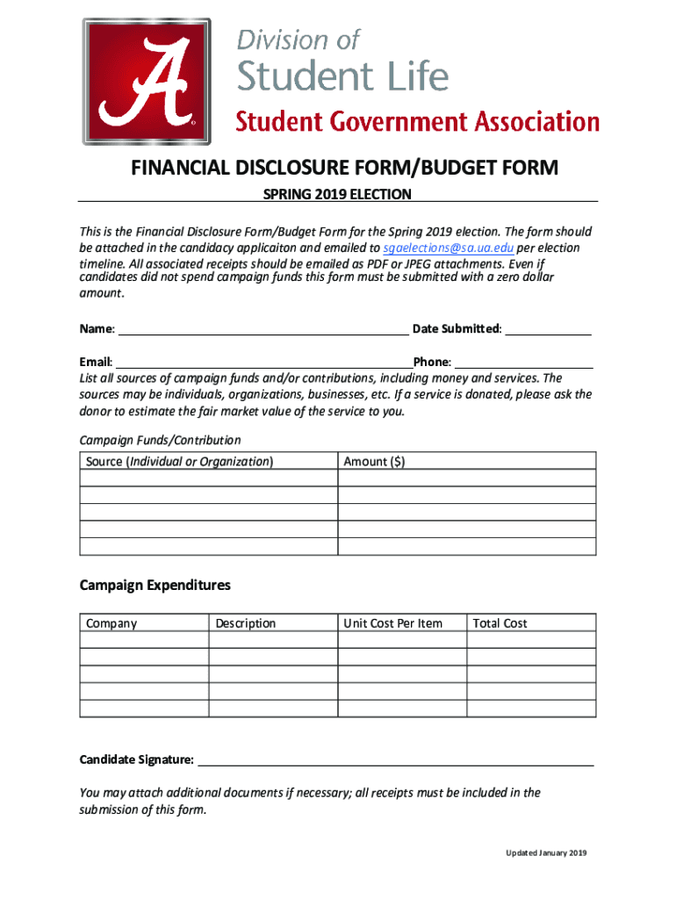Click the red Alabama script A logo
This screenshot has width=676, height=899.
[147, 82]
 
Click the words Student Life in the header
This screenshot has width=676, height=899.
[343, 76]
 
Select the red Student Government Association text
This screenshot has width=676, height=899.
[417, 122]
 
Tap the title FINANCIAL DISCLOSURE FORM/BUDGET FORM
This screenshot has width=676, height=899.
[344, 168]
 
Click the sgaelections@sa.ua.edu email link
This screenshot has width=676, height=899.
[449, 248]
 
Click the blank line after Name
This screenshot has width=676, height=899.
[262, 329]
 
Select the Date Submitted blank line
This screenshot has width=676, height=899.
[548, 329]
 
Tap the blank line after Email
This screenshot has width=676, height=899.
[263, 362]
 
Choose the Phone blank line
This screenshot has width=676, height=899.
[523, 362]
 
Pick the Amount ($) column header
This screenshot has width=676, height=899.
[374, 461]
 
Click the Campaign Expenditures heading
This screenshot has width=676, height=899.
[155, 585]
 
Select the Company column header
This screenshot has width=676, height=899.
[111, 623]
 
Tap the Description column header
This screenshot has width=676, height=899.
[246, 623]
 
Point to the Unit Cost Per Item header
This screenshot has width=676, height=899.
[393, 623]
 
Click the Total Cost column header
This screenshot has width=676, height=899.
[500, 623]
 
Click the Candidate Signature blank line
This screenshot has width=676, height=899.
[395, 759]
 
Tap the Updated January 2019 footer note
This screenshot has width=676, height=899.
[545, 853]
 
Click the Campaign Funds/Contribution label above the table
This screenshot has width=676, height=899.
[160, 440]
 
